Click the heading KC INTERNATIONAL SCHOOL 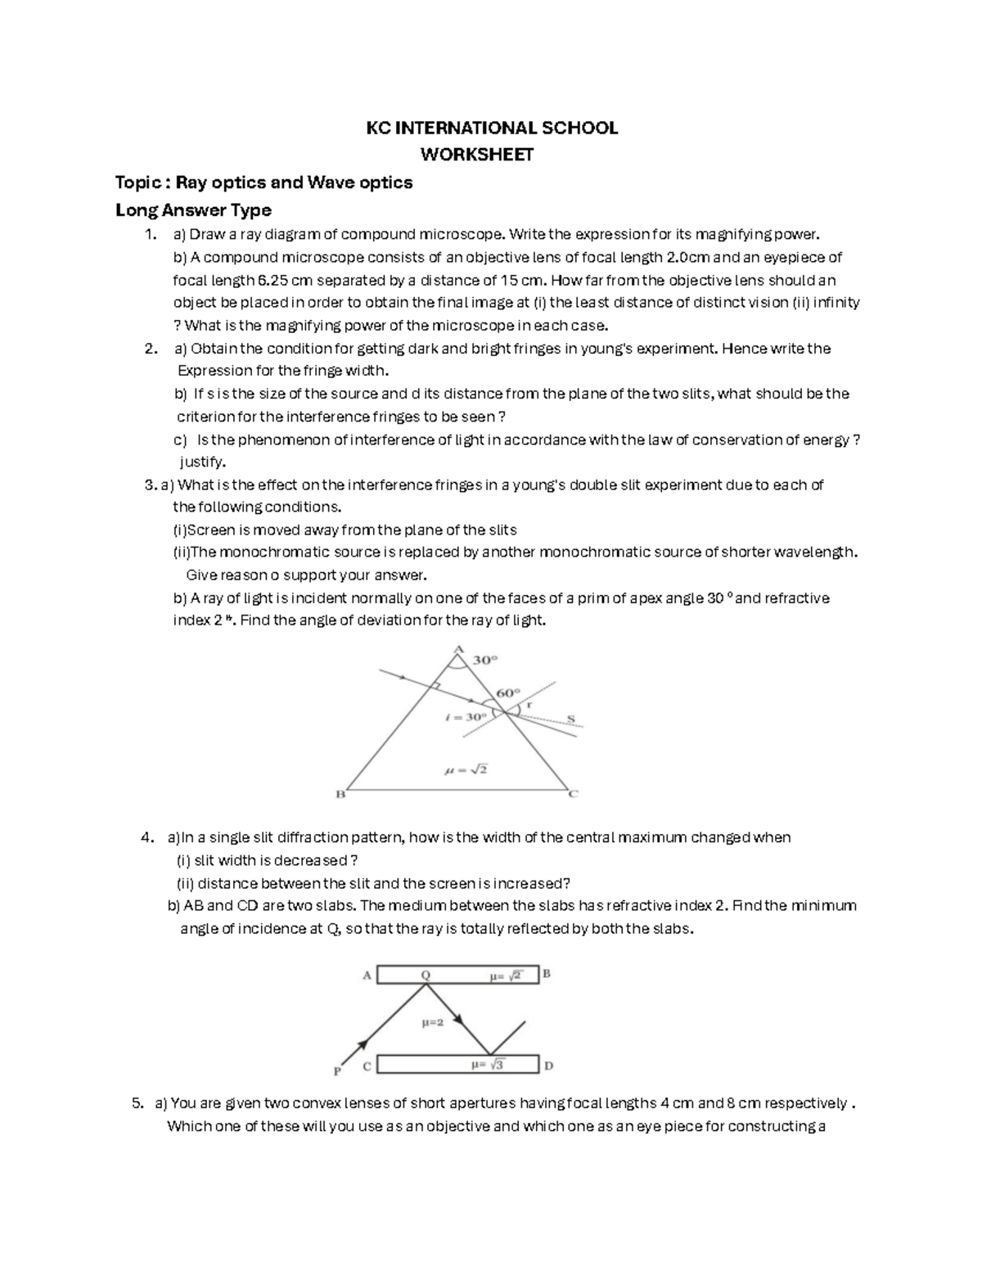coord(491,128)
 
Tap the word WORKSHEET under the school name coord(476,155)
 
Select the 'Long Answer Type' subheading coord(193,210)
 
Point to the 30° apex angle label coord(486,660)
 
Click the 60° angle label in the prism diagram coord(508,692)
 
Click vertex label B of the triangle coord(341,794)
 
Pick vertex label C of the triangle coord(574,793)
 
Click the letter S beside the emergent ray coord(571,719)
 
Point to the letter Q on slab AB coord(426,975)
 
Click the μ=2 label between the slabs coord(433,1022)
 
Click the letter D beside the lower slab coord(548,1066)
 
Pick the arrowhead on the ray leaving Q coord(460,1020)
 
